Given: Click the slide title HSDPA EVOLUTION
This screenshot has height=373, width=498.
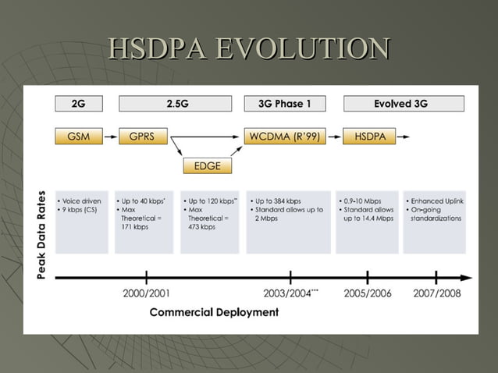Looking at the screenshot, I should click(x=249, y=48).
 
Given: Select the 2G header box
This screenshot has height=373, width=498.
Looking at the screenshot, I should click(x=79, y=104).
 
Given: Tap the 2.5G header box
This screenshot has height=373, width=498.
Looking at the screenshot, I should click(x=175, y=104).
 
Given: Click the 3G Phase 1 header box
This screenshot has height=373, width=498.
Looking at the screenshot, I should click(x=284, y=104).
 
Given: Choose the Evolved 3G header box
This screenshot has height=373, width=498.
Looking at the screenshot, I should click(x=404, y=104).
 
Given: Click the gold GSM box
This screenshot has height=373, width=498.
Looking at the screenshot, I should click(x=79, y=136).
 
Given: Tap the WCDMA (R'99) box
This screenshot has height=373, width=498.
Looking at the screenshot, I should click(x=284, y=136).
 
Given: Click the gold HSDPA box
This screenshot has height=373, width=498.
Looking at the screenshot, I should click(x=365, y=136).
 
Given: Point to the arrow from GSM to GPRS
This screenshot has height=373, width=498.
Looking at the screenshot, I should click(x=110, y=136).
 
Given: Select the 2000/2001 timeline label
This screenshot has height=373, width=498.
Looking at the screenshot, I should click(x=147, y=293).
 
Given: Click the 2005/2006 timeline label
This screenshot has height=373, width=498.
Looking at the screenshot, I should click(x=367, y=293).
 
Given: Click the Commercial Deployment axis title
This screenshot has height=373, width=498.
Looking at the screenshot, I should click(x=214, y=312).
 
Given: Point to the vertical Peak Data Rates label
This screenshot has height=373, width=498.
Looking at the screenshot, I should click(x=40, y=234).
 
